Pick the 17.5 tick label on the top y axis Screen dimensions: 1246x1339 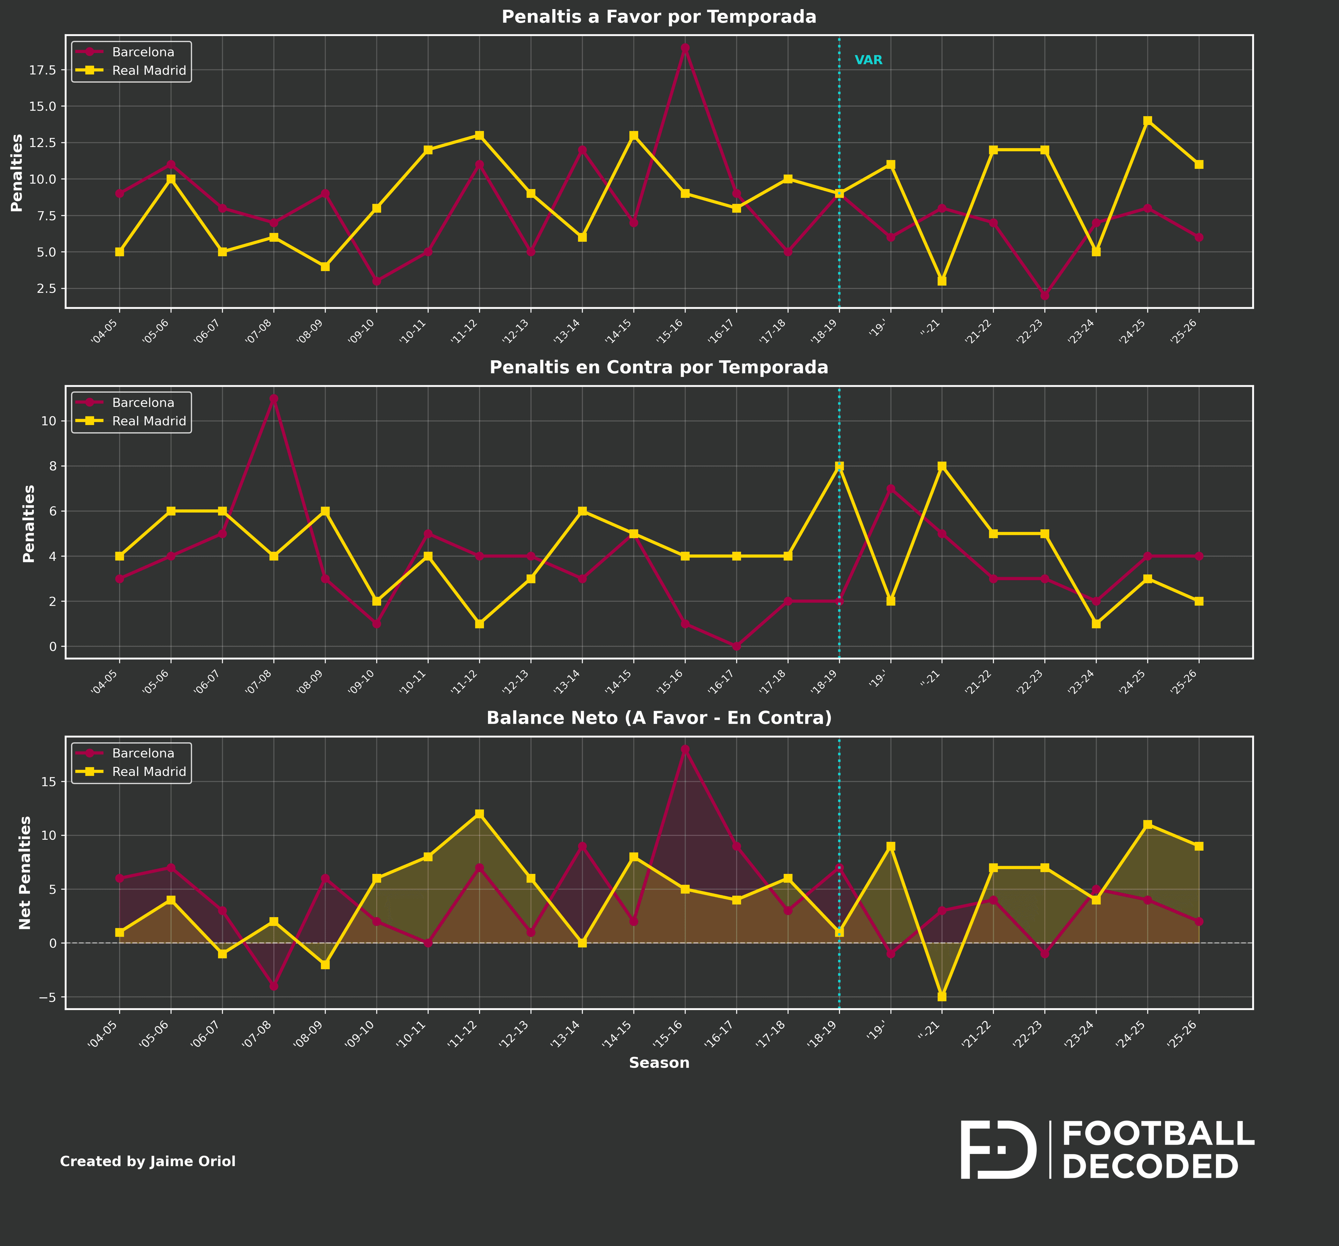[43, 70]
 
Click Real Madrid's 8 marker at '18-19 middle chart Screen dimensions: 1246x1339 [839, 466]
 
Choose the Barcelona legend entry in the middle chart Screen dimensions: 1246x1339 [143, 403]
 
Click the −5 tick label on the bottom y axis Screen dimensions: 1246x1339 [47, 997]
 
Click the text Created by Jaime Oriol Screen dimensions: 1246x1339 [147, 1162]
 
